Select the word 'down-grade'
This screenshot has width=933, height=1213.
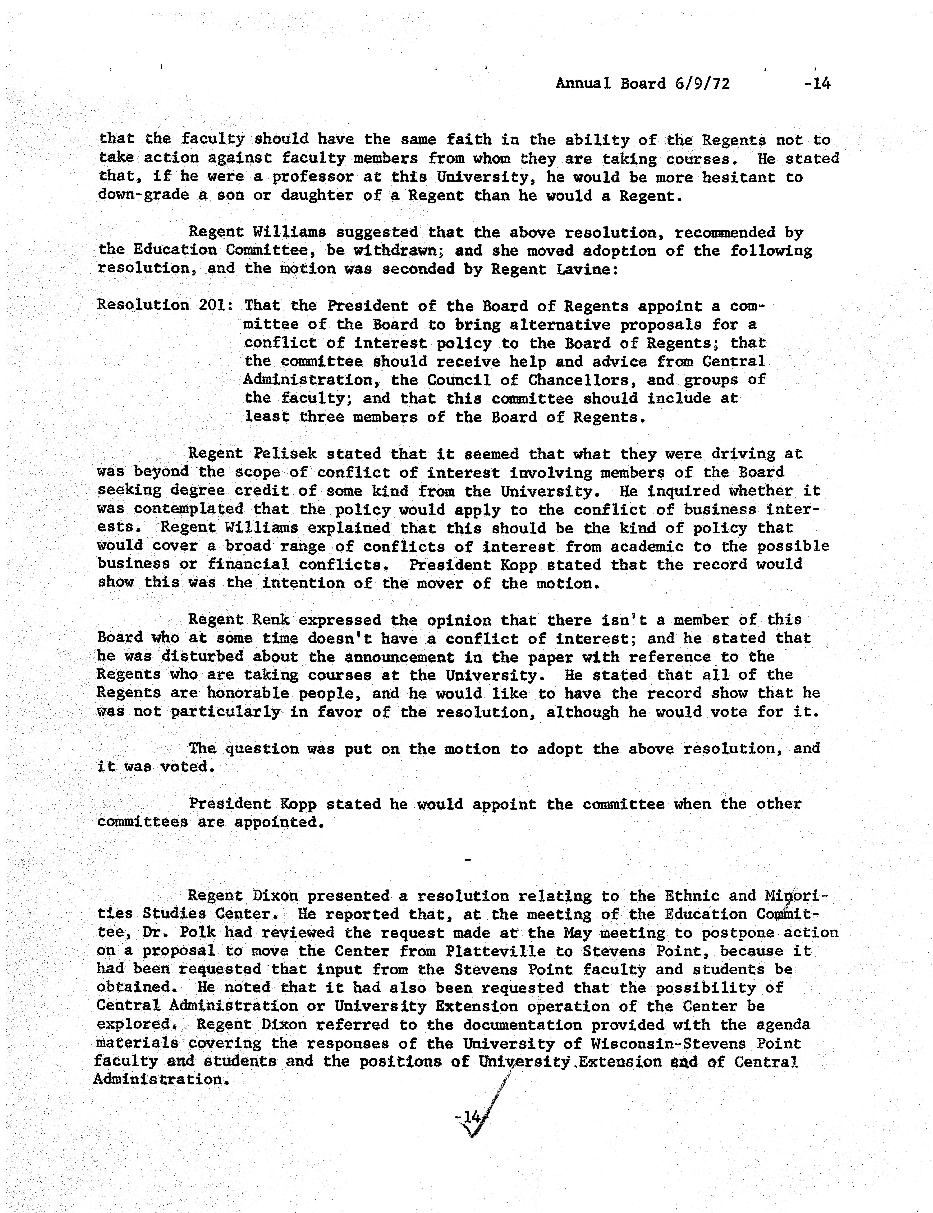point(143,196)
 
